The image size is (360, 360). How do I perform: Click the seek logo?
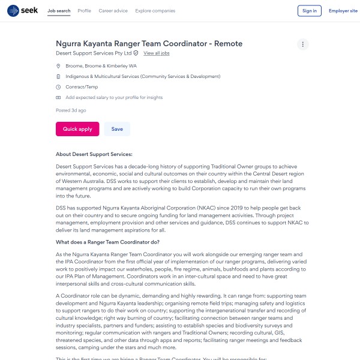point(22,11)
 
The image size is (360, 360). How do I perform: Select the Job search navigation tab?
point(59,11)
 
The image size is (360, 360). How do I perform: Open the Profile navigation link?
point(85,11)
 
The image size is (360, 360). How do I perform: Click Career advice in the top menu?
point(113,11)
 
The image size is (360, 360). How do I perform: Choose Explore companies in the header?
point(155,11)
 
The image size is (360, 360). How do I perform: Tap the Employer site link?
point(343,11)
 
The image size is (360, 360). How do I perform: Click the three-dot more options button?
point(303,44)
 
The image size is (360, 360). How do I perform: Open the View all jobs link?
point(157,53)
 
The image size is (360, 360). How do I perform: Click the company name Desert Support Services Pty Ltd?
point(93,53)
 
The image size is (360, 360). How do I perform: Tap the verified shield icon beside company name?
point(136,53)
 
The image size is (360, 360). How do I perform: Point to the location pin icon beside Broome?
point(58,65)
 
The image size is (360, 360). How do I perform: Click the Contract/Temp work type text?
point(82,87)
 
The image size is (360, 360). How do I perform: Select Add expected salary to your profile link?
point(114,97)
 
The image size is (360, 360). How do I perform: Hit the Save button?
point(117,129)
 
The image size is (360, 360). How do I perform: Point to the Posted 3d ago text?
point(71,110)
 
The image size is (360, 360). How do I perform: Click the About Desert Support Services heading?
point(94,154)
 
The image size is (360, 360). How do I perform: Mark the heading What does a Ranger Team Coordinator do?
point(107,242)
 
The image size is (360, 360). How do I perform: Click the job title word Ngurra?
point(70,44)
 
